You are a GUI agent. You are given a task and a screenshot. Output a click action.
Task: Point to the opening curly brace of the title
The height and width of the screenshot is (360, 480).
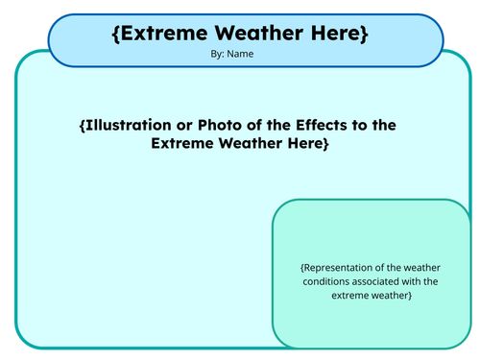pos(116,34)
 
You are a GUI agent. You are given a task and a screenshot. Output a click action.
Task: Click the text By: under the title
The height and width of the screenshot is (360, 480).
pos(217,55)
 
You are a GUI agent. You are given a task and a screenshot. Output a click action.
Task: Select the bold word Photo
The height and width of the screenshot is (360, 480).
pos(218,126)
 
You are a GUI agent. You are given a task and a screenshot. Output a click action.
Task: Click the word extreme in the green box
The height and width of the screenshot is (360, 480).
pos(349,295)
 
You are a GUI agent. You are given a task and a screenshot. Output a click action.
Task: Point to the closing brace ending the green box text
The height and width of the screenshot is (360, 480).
pos(410,295)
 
